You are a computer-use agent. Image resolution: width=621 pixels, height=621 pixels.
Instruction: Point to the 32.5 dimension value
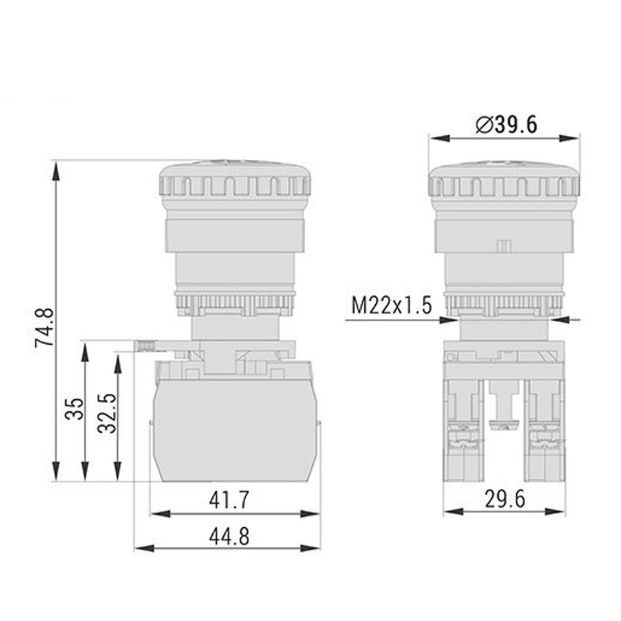coord(107,414)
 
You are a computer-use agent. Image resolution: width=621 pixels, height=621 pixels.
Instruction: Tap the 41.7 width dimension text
coord(229,499)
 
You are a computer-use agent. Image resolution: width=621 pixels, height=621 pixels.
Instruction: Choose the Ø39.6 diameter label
coord(506,124)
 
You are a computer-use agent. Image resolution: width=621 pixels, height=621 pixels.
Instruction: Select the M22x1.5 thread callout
coord(391,305)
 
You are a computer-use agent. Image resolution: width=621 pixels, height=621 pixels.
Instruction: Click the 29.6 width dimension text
coord(505,499)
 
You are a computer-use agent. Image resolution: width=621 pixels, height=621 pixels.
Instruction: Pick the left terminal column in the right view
coord(464,430)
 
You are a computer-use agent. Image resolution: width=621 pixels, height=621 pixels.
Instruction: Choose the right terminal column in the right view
coord(545,430)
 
